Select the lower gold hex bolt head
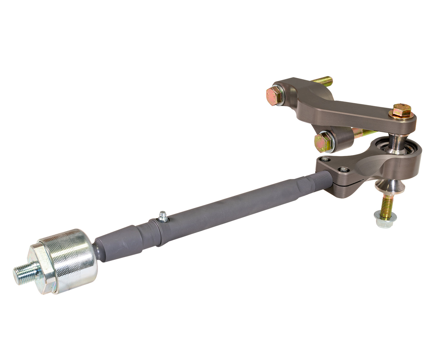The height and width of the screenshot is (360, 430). tap(323, 140)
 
